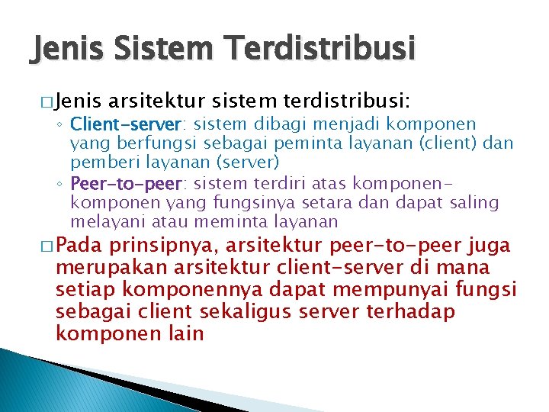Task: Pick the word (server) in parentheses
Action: (248, 162)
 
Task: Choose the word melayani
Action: (104, 222)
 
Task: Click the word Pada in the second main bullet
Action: (81, 246)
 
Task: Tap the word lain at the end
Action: (188, 333)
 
